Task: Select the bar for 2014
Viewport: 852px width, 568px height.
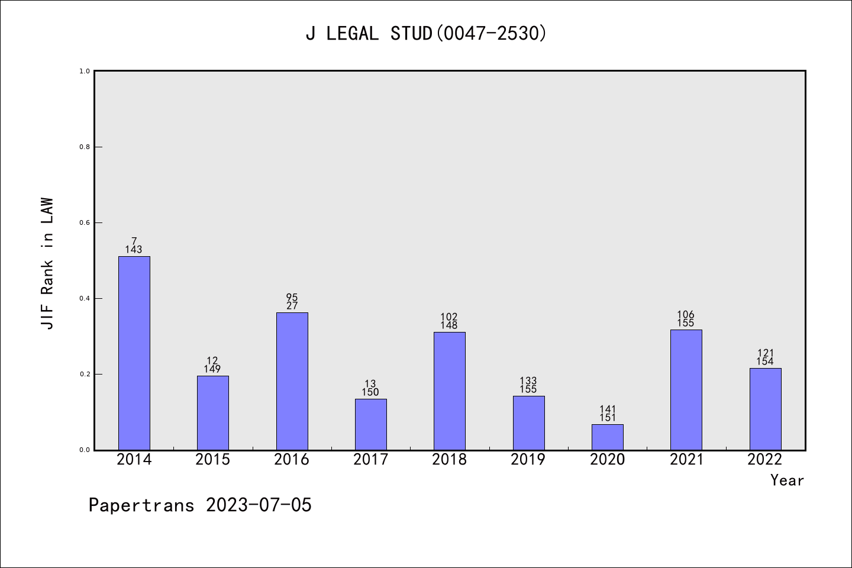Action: point(134,353)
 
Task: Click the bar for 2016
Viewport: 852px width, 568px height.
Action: point(292,381)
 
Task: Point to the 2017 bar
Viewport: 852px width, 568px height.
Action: point(371,424)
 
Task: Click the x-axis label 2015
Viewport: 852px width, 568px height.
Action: point(213,460)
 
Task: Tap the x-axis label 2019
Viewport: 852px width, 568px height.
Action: point(528,460)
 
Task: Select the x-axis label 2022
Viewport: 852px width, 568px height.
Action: point(765,460)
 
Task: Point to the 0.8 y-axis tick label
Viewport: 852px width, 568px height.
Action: point(85,147)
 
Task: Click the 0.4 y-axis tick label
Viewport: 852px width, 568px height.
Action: point(85,298)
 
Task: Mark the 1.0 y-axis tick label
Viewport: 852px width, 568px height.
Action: point(85,71)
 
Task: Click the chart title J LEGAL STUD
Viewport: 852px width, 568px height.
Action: point(426,34)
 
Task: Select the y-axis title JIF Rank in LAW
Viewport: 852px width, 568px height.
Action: point(47,263)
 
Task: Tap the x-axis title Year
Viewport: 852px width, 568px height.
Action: point(787,480)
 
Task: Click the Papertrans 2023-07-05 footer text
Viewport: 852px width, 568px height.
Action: point(200,505)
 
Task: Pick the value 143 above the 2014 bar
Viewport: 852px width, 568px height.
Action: point(134,250)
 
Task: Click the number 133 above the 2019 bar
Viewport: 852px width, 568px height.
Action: point(528,381)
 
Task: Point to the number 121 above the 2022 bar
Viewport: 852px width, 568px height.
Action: point(766,353)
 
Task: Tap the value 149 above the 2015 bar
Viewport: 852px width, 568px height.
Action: point(212,369)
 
